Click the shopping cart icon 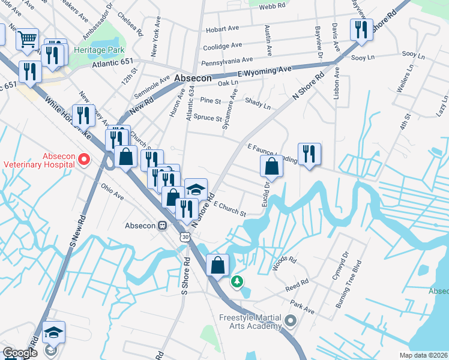point(27,40)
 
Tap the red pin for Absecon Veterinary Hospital point(83,160)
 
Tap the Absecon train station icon point(161,226)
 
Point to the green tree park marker point(238,280)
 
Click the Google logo point(20,353)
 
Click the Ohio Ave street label point(112,192)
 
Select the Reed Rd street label point(297,283)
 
